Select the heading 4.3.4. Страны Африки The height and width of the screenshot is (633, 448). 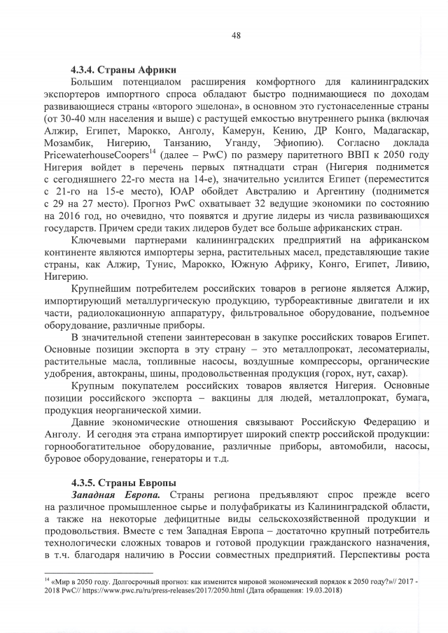pos(123,70)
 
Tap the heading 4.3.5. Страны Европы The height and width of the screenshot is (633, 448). pos(123,482)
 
